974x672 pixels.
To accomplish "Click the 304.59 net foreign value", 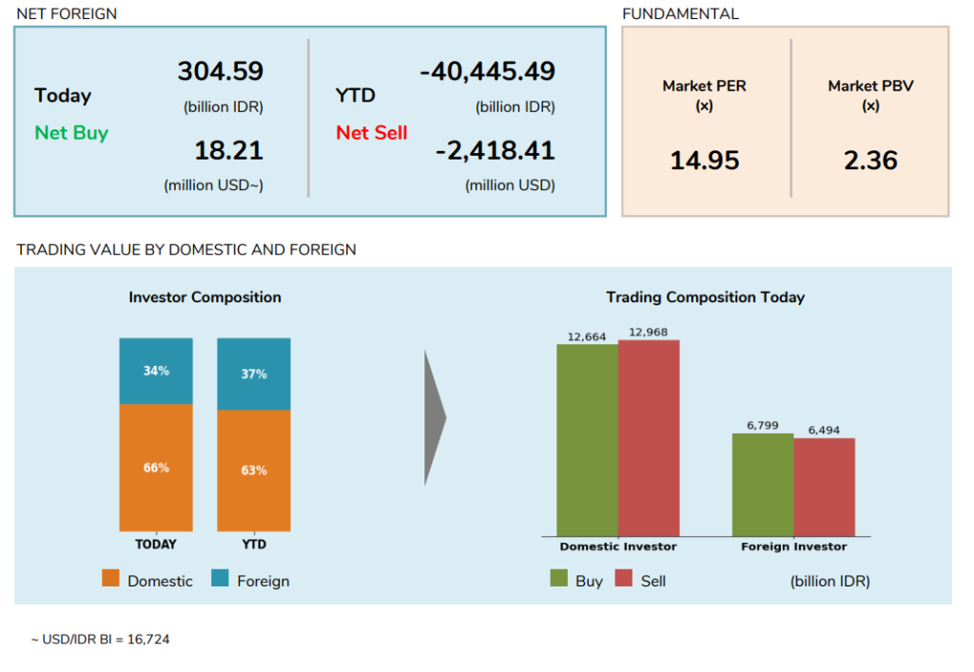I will [x=220, y=71].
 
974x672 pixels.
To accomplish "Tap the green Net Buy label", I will [x=71, y=133].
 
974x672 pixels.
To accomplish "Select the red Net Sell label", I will [x=371, y=133].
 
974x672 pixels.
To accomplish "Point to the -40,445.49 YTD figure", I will [x=487, y=71].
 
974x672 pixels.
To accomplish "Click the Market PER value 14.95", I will [x=704, y=161].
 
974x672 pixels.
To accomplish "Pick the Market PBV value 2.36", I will [x=870, y=161].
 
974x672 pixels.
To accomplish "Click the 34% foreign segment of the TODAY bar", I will [x=156, y=372].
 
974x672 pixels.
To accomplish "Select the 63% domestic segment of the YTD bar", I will [x=254, y=470].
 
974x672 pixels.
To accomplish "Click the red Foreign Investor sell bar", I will [x=824, y=487].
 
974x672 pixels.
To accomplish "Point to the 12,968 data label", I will [x=649, y=332].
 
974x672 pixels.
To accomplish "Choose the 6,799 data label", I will [x=763, y=425].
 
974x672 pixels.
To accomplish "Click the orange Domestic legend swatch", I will [x=111, y=579].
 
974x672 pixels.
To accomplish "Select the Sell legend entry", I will [x=640, y=580].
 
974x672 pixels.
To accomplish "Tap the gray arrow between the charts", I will [x=435, y=417].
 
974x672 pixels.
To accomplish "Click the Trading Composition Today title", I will [x=705, y=298].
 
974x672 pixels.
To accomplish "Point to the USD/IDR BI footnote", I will [x=100, y=640].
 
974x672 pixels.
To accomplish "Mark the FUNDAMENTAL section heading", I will [x=680, y=14].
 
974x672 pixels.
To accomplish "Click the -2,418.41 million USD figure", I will [x=495, y=150].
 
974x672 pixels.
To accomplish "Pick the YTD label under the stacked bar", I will [x=254, y=545].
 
